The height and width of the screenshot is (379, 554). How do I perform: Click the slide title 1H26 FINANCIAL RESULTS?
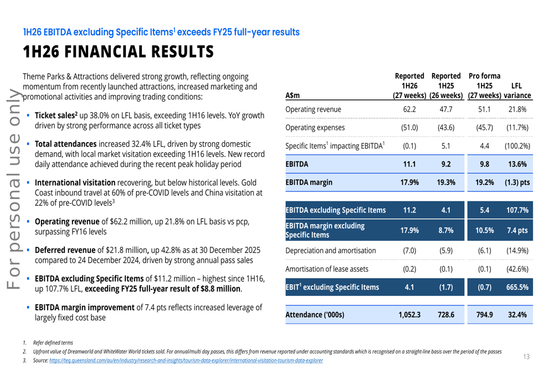118,51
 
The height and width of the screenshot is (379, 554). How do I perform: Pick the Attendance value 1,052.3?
409,315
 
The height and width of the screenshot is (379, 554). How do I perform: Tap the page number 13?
526,356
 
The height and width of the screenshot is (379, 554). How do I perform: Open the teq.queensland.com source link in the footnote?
186,361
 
